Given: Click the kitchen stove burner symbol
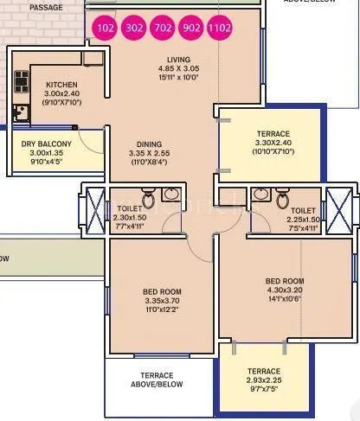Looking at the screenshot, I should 21,82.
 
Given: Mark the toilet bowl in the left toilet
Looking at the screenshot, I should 149,201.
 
